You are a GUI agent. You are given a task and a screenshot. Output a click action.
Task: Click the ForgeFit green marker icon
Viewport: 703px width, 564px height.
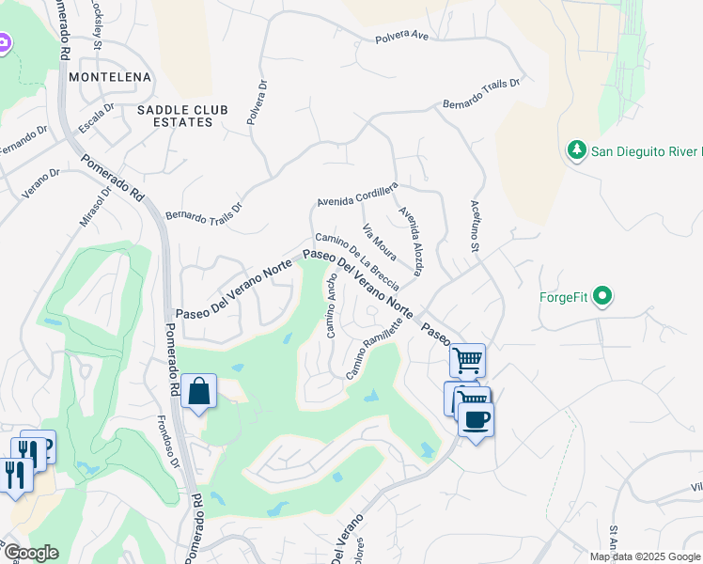click(602, 298)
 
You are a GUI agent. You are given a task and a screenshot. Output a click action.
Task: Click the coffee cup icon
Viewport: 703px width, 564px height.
click(476, 419)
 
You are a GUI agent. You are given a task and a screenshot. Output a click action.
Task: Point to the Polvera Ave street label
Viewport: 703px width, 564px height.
click(401, 38)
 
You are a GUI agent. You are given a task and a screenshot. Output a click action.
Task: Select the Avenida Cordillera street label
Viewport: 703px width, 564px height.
click(357, 194)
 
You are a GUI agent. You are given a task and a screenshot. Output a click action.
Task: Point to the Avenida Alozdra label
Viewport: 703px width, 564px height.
click(412, 242)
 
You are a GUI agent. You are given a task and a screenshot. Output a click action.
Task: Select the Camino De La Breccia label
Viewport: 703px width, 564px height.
click(357, 256)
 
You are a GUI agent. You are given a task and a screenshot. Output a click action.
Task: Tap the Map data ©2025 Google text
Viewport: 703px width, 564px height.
click(645, 556)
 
